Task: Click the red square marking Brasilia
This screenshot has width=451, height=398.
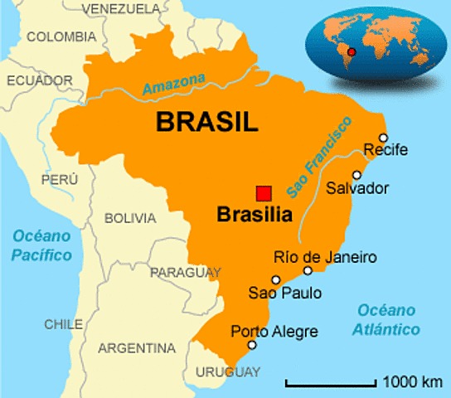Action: (x=264, y=192)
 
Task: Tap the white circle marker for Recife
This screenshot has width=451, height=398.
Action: (x=383, y=138)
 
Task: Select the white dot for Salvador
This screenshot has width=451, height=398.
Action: (x=357, y=175)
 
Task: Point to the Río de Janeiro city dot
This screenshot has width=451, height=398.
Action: (x=308, y=270)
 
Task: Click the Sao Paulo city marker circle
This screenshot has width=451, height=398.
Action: (x=276, y=279)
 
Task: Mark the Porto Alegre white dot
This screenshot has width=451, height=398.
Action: (x=252, y=346)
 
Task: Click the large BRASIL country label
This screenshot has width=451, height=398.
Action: (x=207, y=122)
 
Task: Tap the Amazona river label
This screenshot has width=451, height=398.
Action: (x=173, y=84)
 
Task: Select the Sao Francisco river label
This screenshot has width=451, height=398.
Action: (x=319, y=157)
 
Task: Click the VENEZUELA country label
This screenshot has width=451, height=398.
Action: (x=121, y=8)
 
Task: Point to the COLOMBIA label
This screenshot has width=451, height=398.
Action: (x=61, y=36)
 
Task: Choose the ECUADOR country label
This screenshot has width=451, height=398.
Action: (x=41, y=80)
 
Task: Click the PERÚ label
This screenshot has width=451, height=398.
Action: (x=59, y=179)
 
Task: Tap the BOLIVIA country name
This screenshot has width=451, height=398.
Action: (x=129, y=218)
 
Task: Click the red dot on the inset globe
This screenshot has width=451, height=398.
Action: (x=351, y=51)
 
